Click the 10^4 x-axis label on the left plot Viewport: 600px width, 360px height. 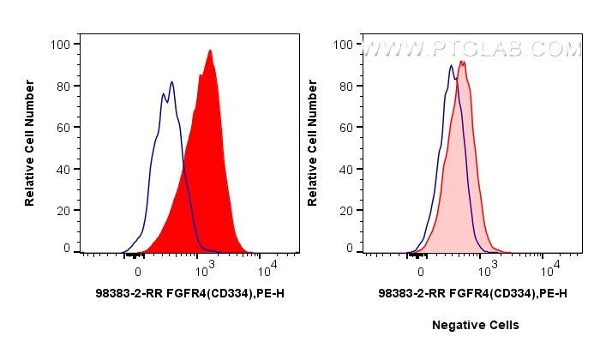coord(267,270)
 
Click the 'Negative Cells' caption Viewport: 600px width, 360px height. coord(476,326)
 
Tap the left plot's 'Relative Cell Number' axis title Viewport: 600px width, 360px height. coord(29,141)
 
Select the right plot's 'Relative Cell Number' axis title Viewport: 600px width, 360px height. coord(313,141)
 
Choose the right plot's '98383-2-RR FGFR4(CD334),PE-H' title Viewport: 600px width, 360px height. coord(472,294)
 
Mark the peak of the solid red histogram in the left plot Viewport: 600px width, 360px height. coord(210,51)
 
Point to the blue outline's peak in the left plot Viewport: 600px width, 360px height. coord(172,82)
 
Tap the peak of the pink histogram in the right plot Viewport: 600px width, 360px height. coord(462,62)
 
